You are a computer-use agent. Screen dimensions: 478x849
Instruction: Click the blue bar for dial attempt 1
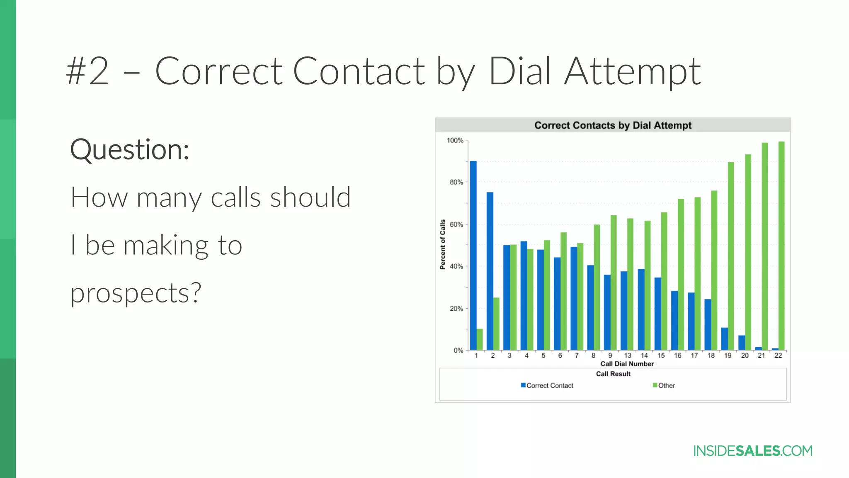click(x=473, y=255)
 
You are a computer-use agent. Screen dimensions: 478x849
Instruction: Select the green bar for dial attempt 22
click(x=781, y=246)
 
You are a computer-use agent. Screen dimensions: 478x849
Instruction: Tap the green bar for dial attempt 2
click(x=496, y=324)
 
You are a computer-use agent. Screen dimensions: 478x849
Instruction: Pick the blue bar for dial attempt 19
click(x=724, y=339)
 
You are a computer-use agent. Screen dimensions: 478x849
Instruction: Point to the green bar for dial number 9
click(x=614, y=282)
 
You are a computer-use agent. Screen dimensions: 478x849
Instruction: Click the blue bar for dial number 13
click(x=624, y=310)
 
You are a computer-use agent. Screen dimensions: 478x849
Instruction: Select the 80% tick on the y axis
click(x=456, y=182)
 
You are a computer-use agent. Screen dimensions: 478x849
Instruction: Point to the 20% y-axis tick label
click(x=456, y=309)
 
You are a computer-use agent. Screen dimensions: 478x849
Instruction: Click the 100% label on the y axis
click(x=455, y=141)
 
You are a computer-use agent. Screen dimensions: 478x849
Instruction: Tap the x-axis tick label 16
click(x=677, y=356)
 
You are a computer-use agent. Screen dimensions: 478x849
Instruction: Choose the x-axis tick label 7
click(x=577, y=356)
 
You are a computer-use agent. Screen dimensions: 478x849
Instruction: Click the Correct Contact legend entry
click(x=547, y=385)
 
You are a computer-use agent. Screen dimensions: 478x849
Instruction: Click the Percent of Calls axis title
click(x=443, y=244)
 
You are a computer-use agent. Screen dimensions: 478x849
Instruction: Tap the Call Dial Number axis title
click(x=627, y=364)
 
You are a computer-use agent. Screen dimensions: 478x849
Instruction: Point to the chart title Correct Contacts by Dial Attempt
click(x=613, y=125)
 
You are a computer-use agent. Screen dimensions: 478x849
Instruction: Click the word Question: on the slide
click(x=130, y=150)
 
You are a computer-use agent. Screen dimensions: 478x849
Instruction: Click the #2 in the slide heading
click(x=87, y=71)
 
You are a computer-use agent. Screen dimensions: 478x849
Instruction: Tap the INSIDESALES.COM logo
click(x=753, y=451)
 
